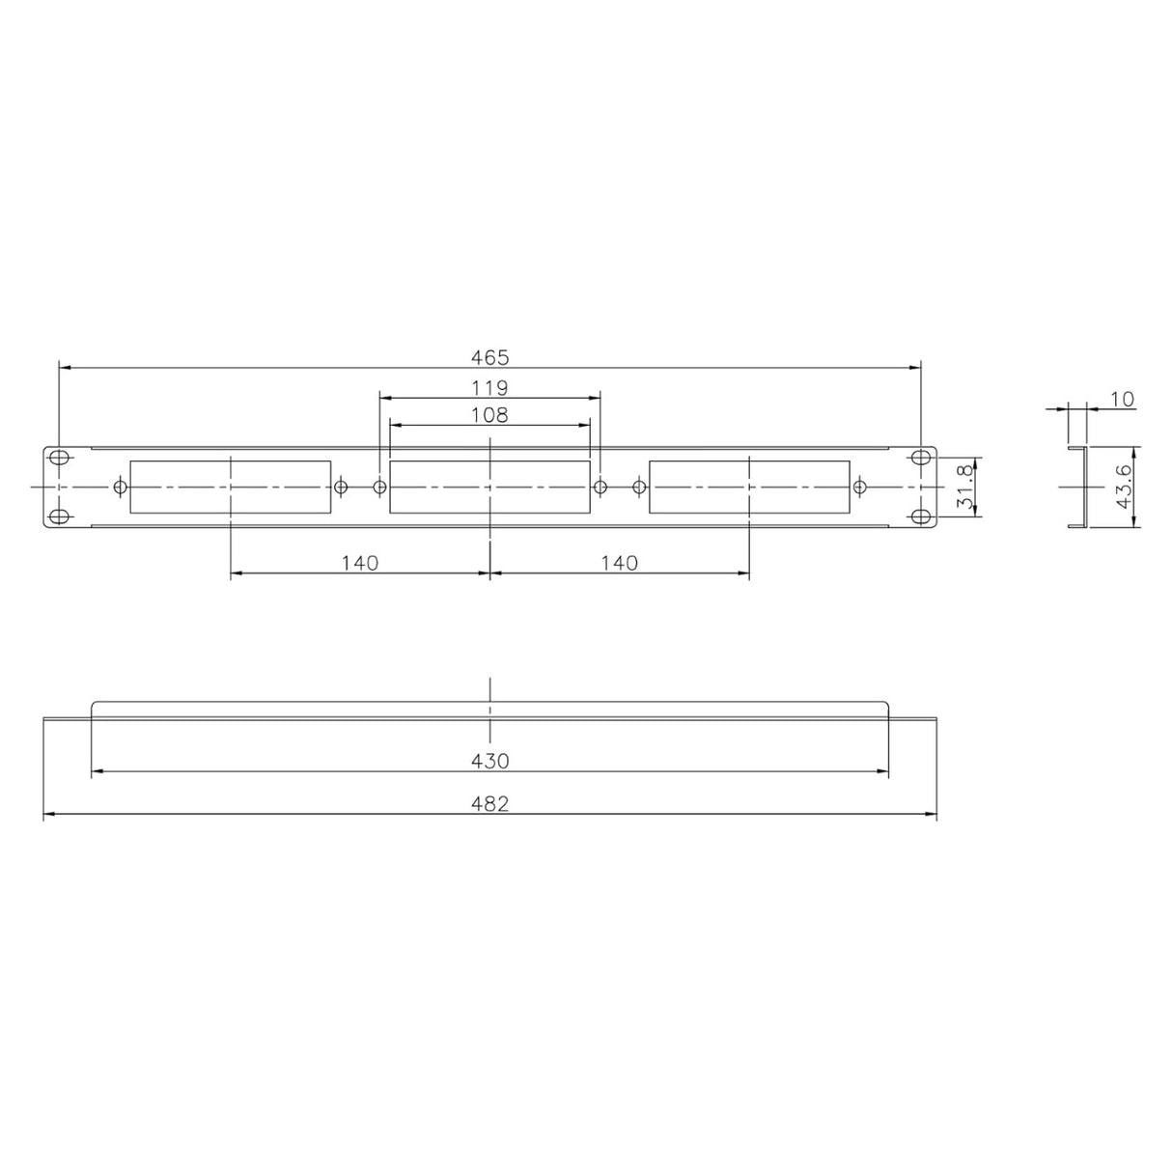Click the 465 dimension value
point(489,357)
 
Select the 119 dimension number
point(489,388)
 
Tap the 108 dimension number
point(489,415)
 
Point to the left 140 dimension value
point(359,562)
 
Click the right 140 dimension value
point(619,562)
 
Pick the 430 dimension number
point(489,761)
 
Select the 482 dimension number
point(489,804)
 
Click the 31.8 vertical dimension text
point(963,488)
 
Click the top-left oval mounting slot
point(59,457)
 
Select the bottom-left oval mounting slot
point(59,516)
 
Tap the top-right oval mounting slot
point(922,457)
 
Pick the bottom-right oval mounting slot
point(922,516)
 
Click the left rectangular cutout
point(230,487)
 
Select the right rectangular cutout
point(749,487)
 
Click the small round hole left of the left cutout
point(120,487)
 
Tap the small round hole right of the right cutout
point(859,487)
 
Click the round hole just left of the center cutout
point(378,487)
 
